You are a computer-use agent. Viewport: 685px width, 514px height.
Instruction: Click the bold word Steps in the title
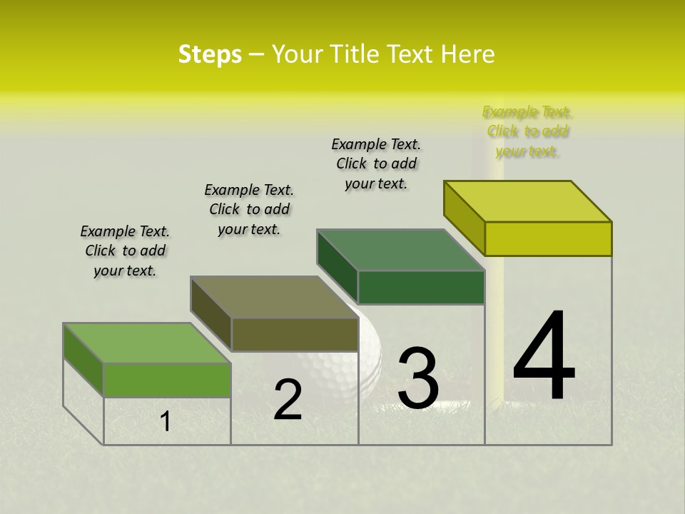[210, 54]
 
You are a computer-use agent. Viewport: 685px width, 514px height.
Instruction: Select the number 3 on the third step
[418, 378]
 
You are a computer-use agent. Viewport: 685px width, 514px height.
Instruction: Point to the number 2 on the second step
[288, 400]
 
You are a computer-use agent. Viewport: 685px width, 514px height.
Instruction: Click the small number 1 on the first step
[165, 421]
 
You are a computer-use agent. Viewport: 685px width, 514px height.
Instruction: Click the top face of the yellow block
[527, 201]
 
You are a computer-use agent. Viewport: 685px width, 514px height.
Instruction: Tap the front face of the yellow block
[548, 238]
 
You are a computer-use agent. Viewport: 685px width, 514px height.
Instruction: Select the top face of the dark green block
[400, 250]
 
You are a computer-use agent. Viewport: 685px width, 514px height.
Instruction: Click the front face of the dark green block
[421, 287]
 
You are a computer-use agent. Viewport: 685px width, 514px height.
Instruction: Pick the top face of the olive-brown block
[274, 297]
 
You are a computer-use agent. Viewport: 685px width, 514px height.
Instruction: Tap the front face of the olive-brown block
[295, 334]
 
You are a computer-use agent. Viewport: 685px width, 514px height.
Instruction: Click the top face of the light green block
[146, 343]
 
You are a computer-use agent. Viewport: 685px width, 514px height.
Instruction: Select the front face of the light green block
[167, 380]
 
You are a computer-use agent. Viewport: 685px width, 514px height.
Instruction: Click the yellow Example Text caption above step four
[527, 131]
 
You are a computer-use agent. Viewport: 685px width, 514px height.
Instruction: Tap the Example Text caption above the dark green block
[376, 163]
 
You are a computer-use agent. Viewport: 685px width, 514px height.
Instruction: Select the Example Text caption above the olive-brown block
[249, 209]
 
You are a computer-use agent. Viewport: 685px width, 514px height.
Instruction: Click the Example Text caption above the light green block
[125, 251]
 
